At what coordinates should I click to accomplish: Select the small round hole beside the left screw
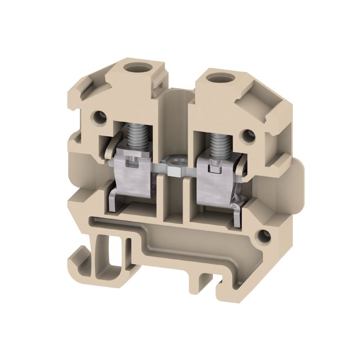pyautogui.click(x=99, y=118)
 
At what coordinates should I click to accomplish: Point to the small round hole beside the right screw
pyautogui.click(x=247, y=135)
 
